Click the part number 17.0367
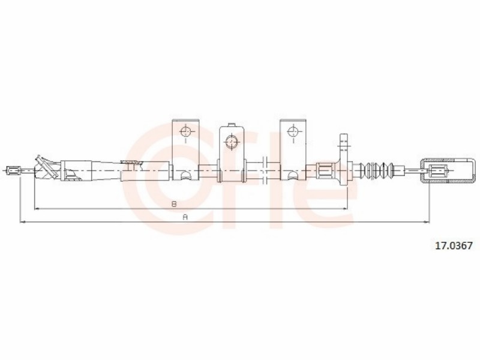pos(454,245)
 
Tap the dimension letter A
pos(185,217)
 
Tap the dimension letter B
pos(174,204)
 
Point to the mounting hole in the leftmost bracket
pos(185,132)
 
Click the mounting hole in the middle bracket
pos(232,142)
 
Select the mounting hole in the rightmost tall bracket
pos(293,132)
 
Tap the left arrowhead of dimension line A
pos(22,221)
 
